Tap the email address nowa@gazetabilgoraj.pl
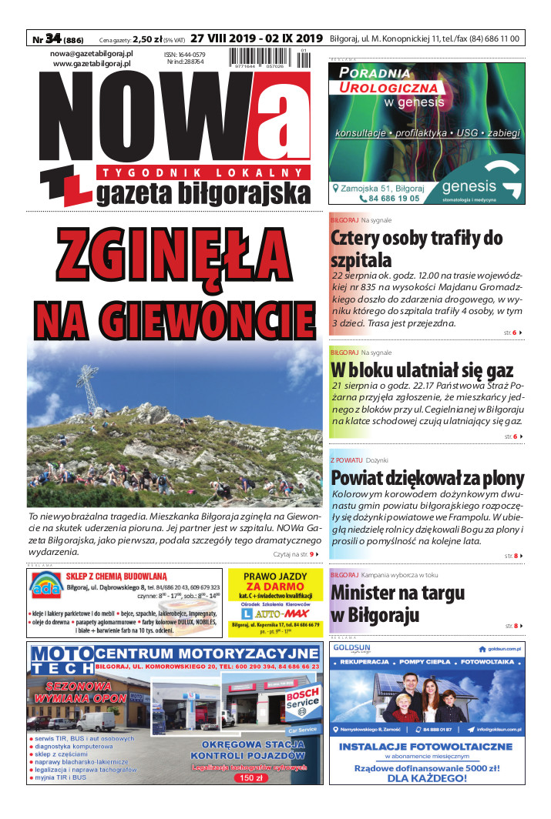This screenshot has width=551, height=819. coord(92,53)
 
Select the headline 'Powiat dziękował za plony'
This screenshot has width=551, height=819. coord(427,477)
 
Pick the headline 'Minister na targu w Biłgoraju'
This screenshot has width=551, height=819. coord(398,603)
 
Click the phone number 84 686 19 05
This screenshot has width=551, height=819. coord(378,198)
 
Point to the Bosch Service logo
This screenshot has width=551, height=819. coord(301,701)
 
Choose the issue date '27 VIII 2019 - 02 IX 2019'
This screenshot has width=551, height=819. coord(256,38)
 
